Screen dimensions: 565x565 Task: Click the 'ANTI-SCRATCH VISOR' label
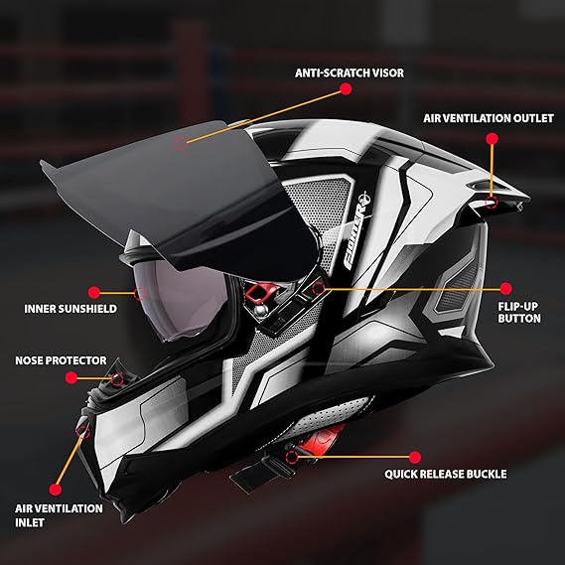click(350, 72)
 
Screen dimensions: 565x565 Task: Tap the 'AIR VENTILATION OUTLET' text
click(489, 118)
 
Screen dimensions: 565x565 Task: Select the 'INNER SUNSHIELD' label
click(71, 309)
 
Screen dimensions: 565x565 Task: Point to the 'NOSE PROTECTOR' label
click(61, 360)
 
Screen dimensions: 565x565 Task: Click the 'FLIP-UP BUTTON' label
click(519, 312)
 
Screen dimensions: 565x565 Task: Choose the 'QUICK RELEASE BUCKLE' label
click(446, 474)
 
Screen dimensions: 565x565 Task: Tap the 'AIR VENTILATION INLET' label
click(59, 515)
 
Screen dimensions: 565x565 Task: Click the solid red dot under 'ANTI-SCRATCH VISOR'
click(346, 89)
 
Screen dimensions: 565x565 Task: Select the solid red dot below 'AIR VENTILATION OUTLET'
click(492, 139)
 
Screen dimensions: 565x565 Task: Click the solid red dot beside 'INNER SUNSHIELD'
click(94, 293)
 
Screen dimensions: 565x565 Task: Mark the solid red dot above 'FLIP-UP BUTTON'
click(505, 289)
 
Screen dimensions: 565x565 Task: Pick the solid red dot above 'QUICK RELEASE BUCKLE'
click(415, 457)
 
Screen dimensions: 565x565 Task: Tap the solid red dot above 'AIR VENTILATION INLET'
click(56, 490)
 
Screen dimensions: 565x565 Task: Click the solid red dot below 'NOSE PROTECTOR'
click(71, 378)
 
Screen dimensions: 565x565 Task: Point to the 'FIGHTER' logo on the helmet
click(355, 230)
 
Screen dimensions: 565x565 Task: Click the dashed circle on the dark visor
click(181, 144)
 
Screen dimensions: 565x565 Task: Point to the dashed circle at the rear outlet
click(491, 202)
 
